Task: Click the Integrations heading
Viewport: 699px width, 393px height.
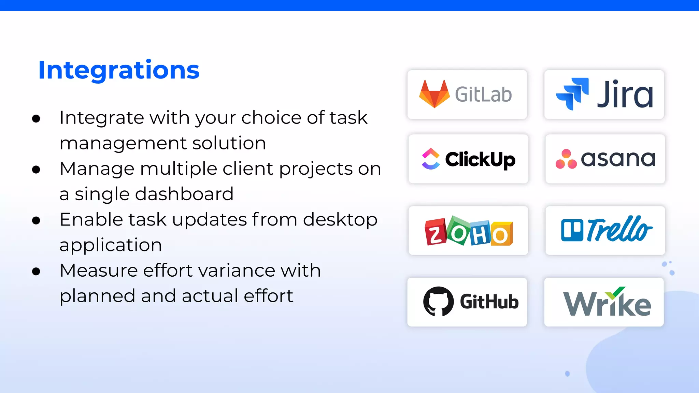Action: (119, 70)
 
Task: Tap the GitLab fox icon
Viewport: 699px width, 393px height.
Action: (434, 94)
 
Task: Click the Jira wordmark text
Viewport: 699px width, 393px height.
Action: (625, 94)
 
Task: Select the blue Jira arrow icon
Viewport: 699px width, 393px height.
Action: (572, 94)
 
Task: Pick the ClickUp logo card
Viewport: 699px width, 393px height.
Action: (468, 159)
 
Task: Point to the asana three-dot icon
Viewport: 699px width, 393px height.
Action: (566, 159)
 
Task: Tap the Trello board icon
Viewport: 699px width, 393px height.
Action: (572, 230)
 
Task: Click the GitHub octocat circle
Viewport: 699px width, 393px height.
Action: (438, 302)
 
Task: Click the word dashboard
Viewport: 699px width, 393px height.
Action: (184, 194)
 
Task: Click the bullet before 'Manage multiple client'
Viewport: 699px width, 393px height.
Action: (36, 170)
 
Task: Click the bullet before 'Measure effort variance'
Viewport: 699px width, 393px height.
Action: (36, 272)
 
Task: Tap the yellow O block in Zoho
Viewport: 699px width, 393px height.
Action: (501, 235)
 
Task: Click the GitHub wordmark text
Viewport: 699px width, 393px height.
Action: (489, 302)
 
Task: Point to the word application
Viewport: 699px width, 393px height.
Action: (111, 245)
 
